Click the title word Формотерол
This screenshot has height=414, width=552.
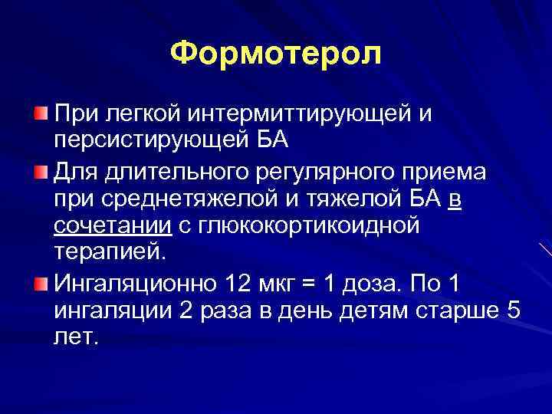pos(275,54)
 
